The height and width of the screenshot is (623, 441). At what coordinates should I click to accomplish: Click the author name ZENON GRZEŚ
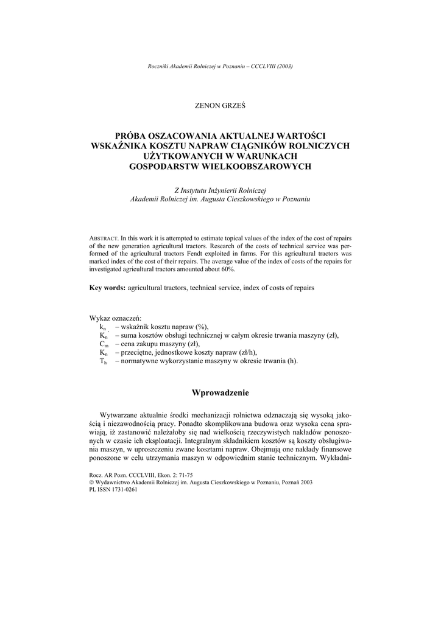tap(220, 105)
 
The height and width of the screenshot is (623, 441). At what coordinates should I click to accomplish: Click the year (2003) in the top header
tap(282, 66)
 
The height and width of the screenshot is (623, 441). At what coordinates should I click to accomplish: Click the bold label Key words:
tap(107, 287)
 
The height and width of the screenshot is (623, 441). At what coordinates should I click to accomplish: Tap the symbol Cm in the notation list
tap(104, 344)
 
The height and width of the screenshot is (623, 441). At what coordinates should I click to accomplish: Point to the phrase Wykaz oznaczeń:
tap(115, 318)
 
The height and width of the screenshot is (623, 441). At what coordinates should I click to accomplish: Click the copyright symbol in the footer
tap(91, 482)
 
